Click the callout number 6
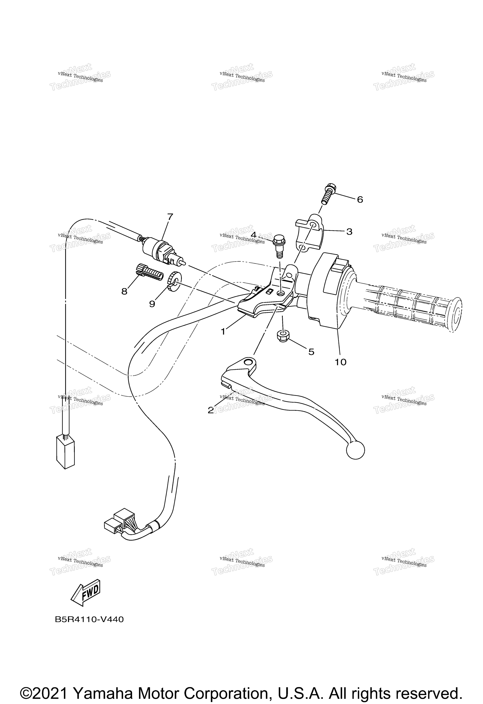coord(360,200)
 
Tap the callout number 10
coord(341,362)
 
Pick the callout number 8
coord(125,291)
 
